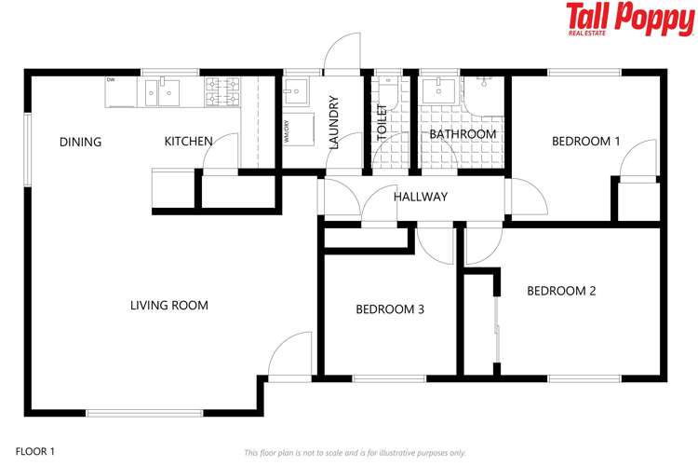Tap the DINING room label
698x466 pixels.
[x=80, y=142]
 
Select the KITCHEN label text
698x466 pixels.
[x=189, y=142]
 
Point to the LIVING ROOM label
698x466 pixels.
[x=168, y=305]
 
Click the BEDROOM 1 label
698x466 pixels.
[x=585, y=142]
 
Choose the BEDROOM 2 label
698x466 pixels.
[x=561, y=291]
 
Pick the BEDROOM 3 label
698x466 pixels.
[x=390, y=309]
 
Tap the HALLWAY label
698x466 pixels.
[x=421, y=197]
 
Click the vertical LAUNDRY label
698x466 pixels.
[x=333, y=123]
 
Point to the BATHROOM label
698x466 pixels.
[x=463, y=134]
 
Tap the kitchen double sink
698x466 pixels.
[x=164, y=91]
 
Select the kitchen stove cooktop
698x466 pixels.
[x=222, y=91]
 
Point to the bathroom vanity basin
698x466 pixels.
[x=436, y=91]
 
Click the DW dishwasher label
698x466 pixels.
[x=111, y=80]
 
